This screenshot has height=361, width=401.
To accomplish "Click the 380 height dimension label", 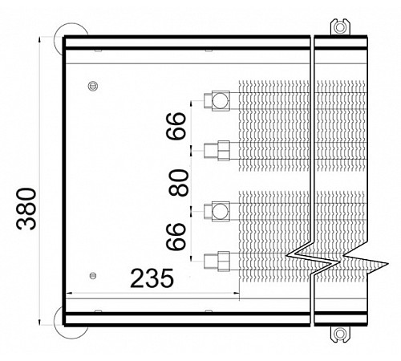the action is click(x=26, y=209).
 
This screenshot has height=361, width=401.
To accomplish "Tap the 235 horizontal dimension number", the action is click(x=152, y=278).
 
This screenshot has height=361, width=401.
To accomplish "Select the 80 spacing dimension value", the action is click(x=179, y=183).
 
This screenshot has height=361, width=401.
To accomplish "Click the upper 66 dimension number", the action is click(x=176, y=126).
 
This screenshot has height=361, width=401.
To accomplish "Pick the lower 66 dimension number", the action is click(x=176, y=237).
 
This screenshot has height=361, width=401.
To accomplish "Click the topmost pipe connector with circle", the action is click(x=217, y=100).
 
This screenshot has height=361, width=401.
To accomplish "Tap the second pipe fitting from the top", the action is click(x=217, y=150).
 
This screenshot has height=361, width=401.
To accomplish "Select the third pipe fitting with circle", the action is click(x=217, y=211).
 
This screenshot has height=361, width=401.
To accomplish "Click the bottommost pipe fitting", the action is click(x=217, y=262).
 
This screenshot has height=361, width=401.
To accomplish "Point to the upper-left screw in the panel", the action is click(x=93, y=86).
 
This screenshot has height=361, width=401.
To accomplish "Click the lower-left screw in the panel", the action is click(x=93, y=275).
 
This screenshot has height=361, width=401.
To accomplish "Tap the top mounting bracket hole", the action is click(x=340, y=27).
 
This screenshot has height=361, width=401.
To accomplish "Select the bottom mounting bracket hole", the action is click(x=340, y=334).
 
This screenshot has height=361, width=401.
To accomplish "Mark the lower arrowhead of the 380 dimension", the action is click(x=39, y=322).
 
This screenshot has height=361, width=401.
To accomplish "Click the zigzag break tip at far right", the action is click(x=388, y=264).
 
